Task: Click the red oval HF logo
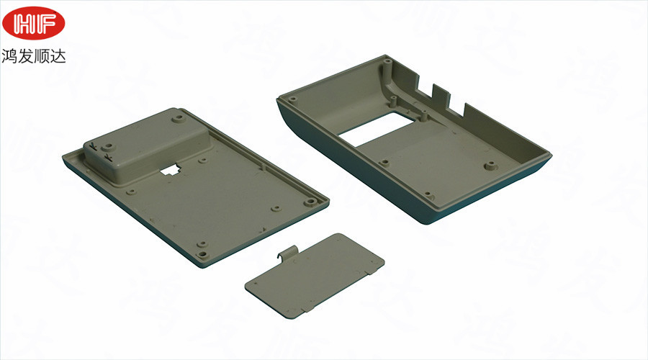click(x=33, y=23)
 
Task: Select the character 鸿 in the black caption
click(x=9, y=55)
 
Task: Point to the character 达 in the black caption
click(x=58, y=55)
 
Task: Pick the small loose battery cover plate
click(x=314, y=275)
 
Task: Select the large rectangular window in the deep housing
click(x=376, y=129)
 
